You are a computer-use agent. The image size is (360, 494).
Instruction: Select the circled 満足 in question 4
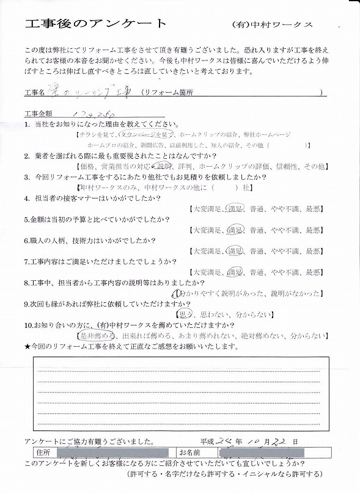[236, 209]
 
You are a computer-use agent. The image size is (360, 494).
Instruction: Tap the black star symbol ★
[28, 346]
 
